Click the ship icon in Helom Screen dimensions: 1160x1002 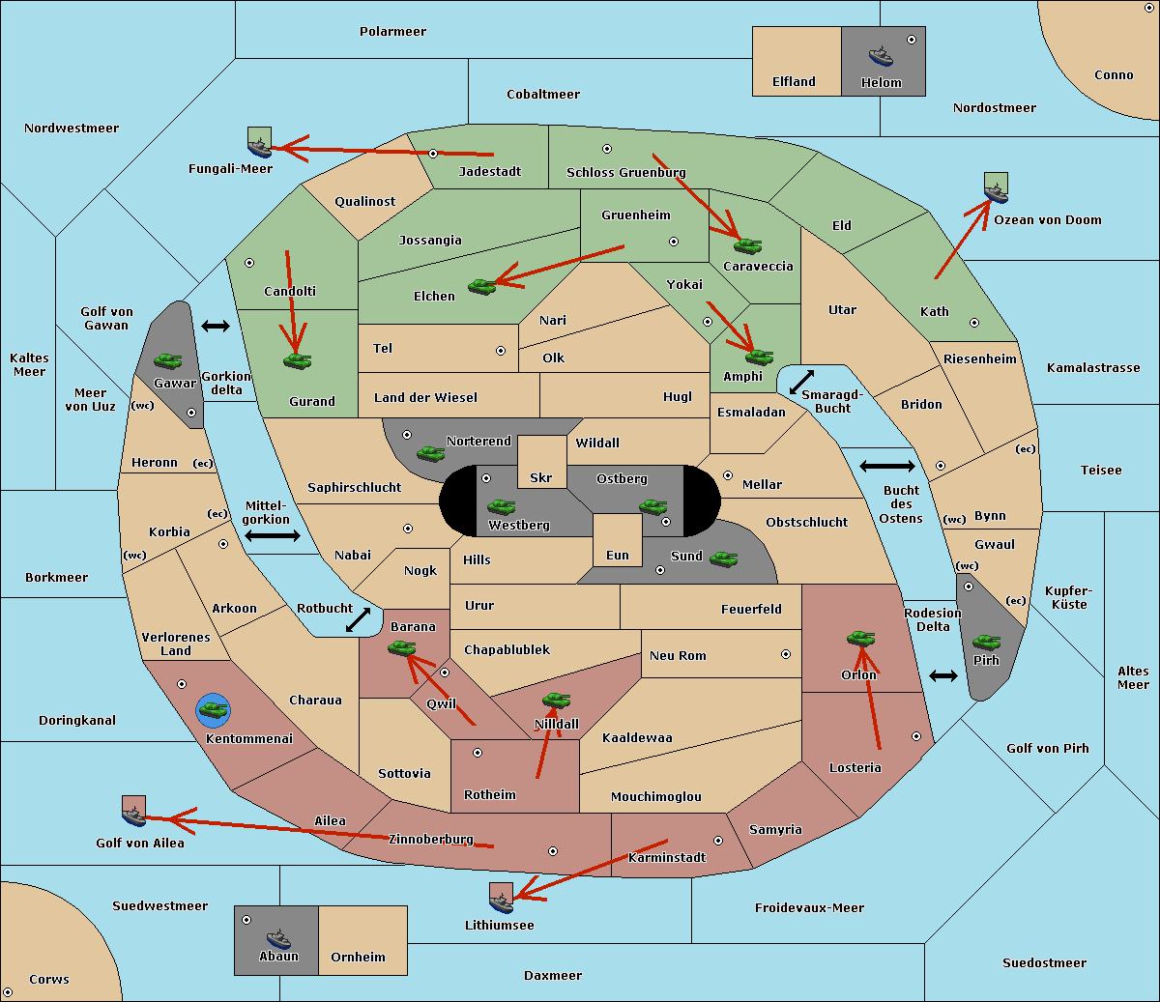click(881, 56)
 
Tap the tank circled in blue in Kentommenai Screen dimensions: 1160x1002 click(214, 710)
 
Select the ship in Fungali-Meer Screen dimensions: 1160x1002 click(260, 148)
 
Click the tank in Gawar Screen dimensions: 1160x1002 click(168, 360)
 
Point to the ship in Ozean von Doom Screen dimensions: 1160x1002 click(996, 193)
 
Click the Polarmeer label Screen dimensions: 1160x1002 click(392, 32)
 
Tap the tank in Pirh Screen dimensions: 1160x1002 click(986, 642)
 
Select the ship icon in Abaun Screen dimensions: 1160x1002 click(278, 938)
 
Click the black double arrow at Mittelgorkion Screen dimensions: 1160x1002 click(273, 536)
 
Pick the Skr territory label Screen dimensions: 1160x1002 click(541, 477)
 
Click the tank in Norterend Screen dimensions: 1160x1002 click(430, 453)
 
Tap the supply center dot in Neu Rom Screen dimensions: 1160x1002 click(786, 654)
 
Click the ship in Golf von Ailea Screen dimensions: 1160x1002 click(134, 816)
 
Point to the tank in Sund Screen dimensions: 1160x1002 click(723, 558)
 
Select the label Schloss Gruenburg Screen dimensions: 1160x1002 click(626, 172)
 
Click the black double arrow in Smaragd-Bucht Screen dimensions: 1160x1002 click(801, 382)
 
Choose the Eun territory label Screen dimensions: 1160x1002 click(618, 555)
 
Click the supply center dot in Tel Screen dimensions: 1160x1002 click(501, 351)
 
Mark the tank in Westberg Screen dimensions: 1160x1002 click(501, 506)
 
